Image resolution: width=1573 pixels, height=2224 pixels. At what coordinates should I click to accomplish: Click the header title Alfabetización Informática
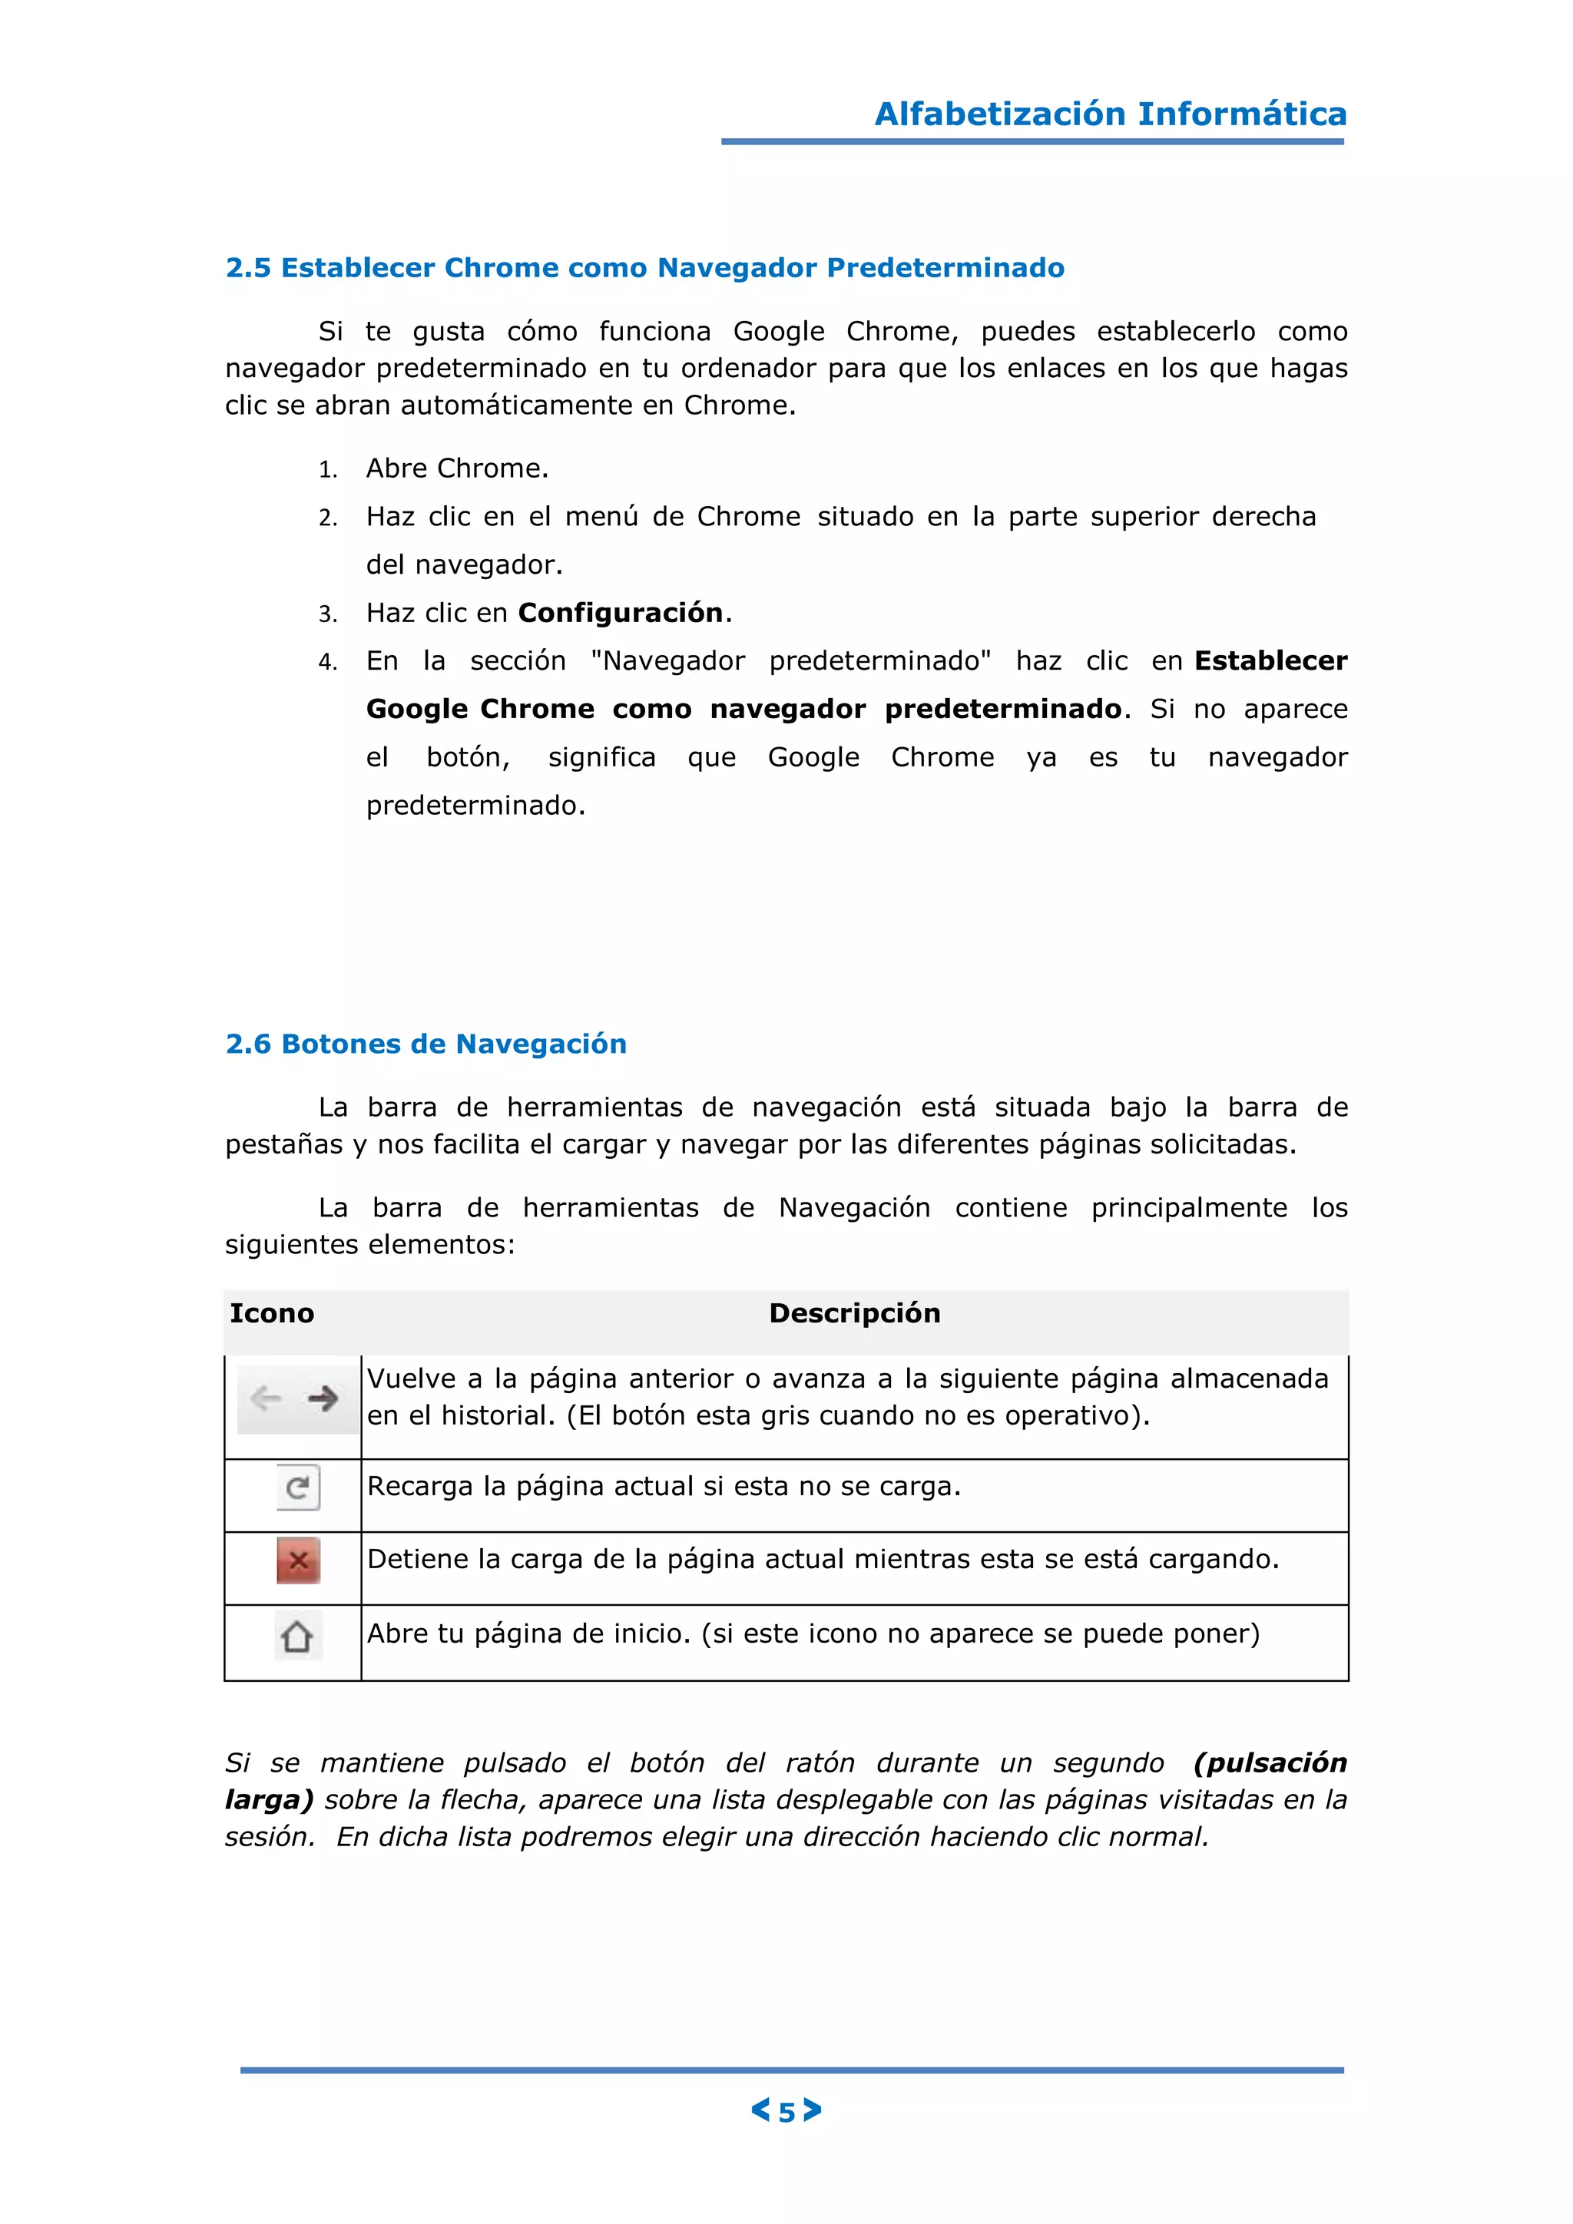pos(1110,114)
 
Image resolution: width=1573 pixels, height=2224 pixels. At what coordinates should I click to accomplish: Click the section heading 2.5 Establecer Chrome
pos(644,267)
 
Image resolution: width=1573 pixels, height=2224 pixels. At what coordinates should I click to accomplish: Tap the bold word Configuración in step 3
pos(621,612)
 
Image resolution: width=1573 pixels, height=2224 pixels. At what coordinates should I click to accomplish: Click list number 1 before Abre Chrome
pos(327,470)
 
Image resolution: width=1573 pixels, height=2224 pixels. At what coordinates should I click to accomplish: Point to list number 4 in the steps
pos(327,663)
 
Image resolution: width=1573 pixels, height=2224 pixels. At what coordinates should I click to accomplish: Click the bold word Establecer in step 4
pos(1270,660)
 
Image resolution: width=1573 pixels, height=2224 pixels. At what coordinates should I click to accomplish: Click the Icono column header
pos(271,1312)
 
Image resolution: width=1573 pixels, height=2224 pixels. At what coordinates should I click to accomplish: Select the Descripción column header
pos(854,1312)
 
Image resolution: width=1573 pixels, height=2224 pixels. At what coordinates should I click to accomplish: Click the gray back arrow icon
pos(266,1398)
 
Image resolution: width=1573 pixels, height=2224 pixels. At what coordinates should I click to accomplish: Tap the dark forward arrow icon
pos(323,1398)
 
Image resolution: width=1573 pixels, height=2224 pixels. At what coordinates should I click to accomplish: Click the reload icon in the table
pos(297,1487)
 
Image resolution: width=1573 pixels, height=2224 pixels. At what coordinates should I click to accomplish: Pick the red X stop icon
pos(298,1560)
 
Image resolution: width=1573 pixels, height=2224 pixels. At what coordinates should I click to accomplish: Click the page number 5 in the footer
pos(786,2113)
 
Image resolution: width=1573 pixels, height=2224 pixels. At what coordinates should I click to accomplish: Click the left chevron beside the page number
pos(760,2110)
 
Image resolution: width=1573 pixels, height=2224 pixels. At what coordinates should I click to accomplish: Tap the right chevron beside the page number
pos(813,2110)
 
